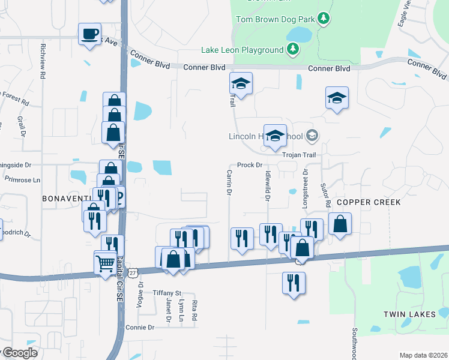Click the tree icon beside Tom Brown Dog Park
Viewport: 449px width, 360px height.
point(324,19)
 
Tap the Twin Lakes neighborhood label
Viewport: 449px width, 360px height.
point(408,314)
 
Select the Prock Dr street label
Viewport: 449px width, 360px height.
point(250,165)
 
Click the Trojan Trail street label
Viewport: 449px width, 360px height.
point(299,155)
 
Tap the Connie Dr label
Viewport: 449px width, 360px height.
point(140,328)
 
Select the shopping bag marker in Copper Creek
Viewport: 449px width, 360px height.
point(340,224)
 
